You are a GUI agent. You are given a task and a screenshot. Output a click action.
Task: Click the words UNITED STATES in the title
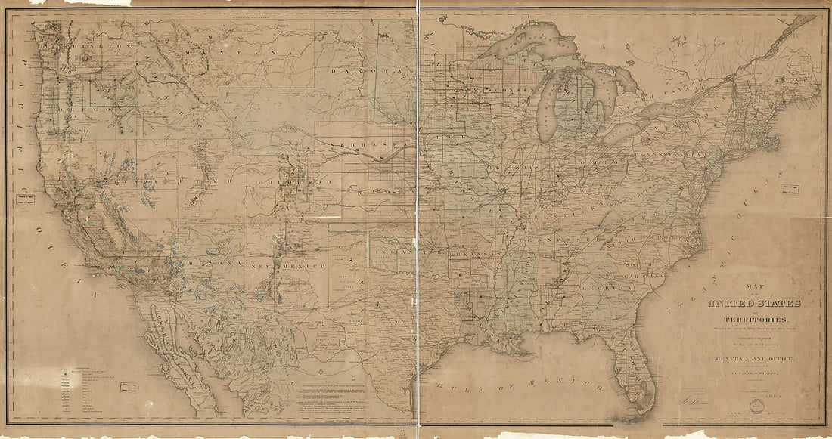pos(754,304)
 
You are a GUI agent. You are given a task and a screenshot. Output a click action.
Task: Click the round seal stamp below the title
pos(754,406)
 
